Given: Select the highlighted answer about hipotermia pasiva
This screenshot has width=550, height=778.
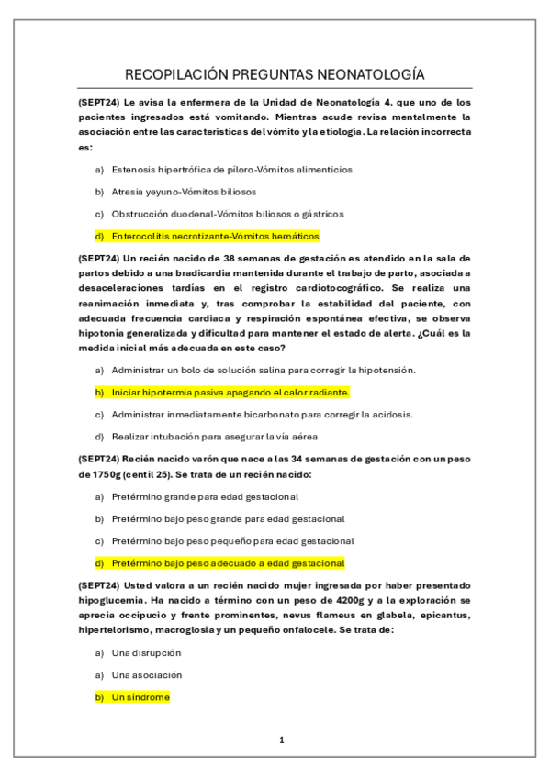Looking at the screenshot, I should (x=230, y=392).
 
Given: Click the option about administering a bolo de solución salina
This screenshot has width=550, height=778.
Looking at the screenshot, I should (x=264, y=370).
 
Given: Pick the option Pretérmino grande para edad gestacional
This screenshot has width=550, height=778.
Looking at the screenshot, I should (x=205, y=496).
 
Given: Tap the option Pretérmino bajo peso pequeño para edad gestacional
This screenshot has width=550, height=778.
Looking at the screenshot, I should (x=232, y=540).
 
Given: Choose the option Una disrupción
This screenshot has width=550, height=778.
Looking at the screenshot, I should (x=146, y=652).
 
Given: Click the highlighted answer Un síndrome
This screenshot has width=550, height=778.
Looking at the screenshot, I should (x=140, y=697).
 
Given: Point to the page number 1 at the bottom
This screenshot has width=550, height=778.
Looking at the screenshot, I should (x=282, y=739).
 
